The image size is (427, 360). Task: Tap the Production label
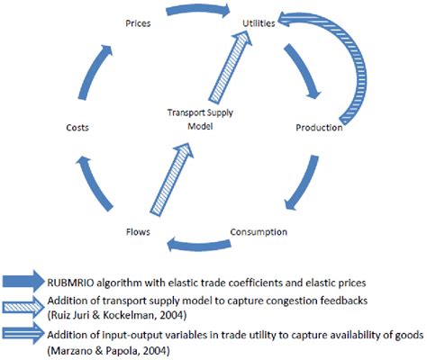(x=319, y=128)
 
